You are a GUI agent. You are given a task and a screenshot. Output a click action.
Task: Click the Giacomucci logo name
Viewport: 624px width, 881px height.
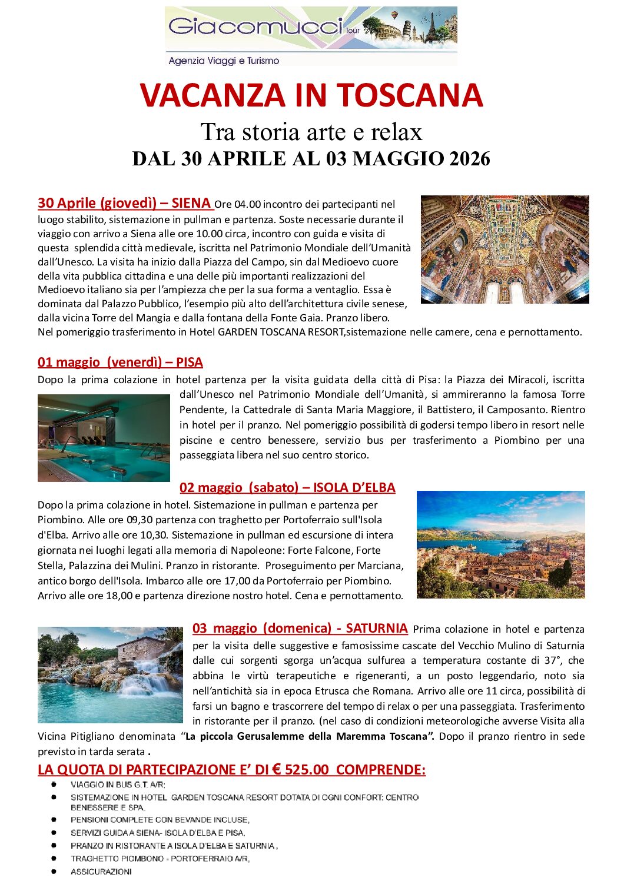pyautogui.click(x=255, y=26)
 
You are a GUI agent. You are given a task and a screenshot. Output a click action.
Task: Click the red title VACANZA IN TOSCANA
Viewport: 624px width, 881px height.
pyautogui.click(x=311, y=95)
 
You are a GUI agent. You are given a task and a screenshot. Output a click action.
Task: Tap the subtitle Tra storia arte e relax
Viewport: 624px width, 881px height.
pyautogui.click(x=311, y=132)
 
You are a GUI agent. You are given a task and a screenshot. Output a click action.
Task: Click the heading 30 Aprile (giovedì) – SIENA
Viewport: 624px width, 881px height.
pyautogui.click(x=125, y=203)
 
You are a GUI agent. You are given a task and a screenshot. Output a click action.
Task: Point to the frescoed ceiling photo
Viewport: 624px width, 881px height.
pyautogui.click(x=504, y=249)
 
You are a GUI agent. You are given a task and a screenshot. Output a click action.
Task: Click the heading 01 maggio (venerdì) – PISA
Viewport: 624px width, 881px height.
pyautogui.click(x=120, y=362)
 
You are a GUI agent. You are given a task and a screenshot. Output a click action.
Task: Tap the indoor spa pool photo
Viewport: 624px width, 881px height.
pyautogui.click(x=104, y=438)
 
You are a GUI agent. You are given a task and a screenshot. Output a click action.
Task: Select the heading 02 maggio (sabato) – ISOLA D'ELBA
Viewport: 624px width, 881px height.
pyautogui.click(x=287, y=487)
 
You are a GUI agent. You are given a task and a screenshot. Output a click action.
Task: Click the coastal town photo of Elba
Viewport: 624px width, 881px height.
pyautogui.click(x=500, y=544)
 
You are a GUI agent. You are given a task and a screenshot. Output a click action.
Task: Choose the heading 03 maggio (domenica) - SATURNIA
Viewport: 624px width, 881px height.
pyautogui.click(x=300, y=628)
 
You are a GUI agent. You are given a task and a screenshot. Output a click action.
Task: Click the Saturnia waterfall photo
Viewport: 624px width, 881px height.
pyautogui.click(x=110, y=674)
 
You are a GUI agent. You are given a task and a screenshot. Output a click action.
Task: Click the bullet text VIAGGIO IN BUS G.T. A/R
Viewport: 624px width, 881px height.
pyautogui.click(x=118, y=784)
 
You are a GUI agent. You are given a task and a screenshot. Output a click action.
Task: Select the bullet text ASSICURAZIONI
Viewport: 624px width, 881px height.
pyautogui.click(x=101, y=872)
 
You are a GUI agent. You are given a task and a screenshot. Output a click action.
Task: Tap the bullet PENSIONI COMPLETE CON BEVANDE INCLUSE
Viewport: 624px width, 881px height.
pyautogui.click(x=160, y=820)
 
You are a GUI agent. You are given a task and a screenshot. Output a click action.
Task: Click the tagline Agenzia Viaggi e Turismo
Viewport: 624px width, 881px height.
pyautogui.click(x=224, y=61)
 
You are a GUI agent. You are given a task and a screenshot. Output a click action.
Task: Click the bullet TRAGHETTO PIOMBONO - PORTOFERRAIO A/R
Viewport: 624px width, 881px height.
pyautogui.click(x=160, y=859)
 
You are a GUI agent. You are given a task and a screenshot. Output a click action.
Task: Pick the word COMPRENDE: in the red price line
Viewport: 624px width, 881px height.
pyautogui.click(x=380, y=770)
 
